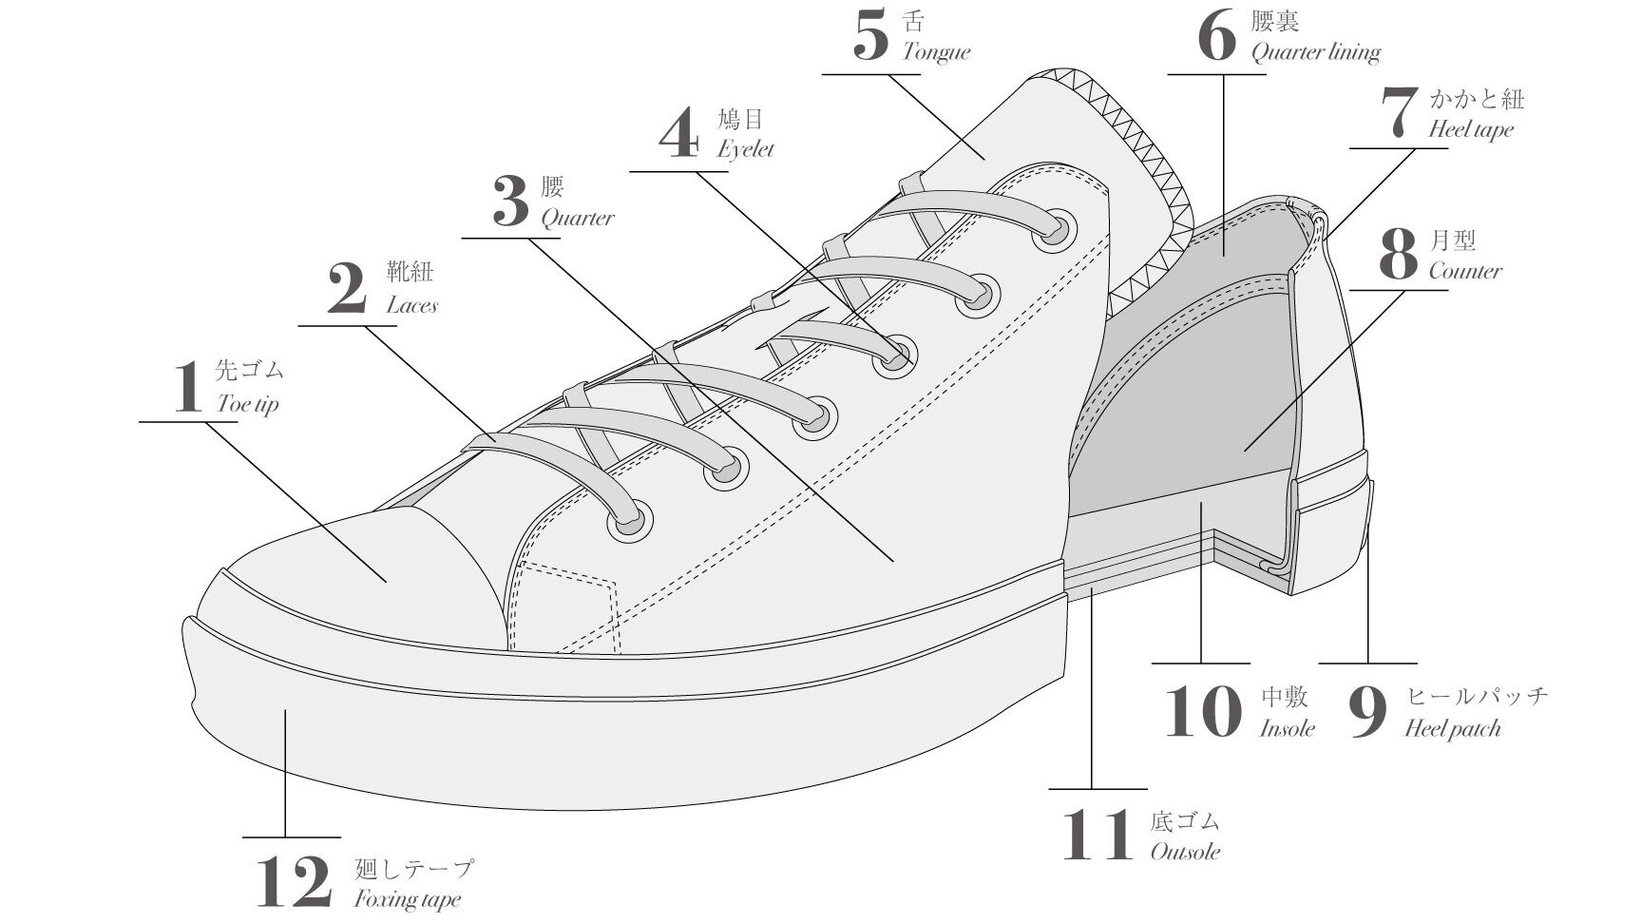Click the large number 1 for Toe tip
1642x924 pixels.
pyautogui.click(x=188, y=387)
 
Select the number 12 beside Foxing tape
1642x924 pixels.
pyautogui.click(x=295, y=881)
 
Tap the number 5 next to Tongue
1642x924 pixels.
pyautogui.click(x=870, y=37)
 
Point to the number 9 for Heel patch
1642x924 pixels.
pyautogui.click(x=1368, y=713)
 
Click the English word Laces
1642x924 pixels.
pyautogui.click(x=411, y=305)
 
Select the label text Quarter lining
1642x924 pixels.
pyautogui.click(x=1315, y=52)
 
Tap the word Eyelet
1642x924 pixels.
pyautogui.click(x=746, y=149)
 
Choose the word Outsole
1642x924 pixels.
pyautogui.click(x=1185, y=851)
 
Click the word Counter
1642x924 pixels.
pyautogui.click(x=1465, y=271)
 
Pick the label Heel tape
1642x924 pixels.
pyautogui.click(x=1471, y=129)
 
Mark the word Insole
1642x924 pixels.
pyautogui.click(x=1288, y=728)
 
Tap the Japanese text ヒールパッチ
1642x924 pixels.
pyautogui.click(x=1477, y=697)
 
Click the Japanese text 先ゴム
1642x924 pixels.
pyautogui.click(x=250, y=370)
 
